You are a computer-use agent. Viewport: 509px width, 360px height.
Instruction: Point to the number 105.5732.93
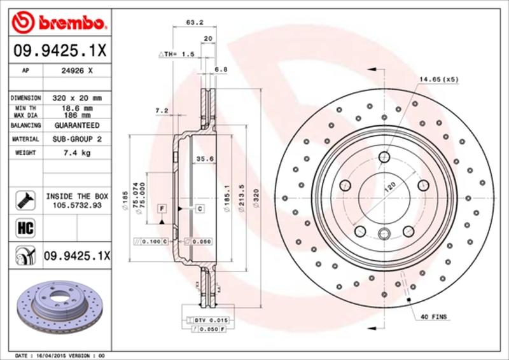point(78,205)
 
